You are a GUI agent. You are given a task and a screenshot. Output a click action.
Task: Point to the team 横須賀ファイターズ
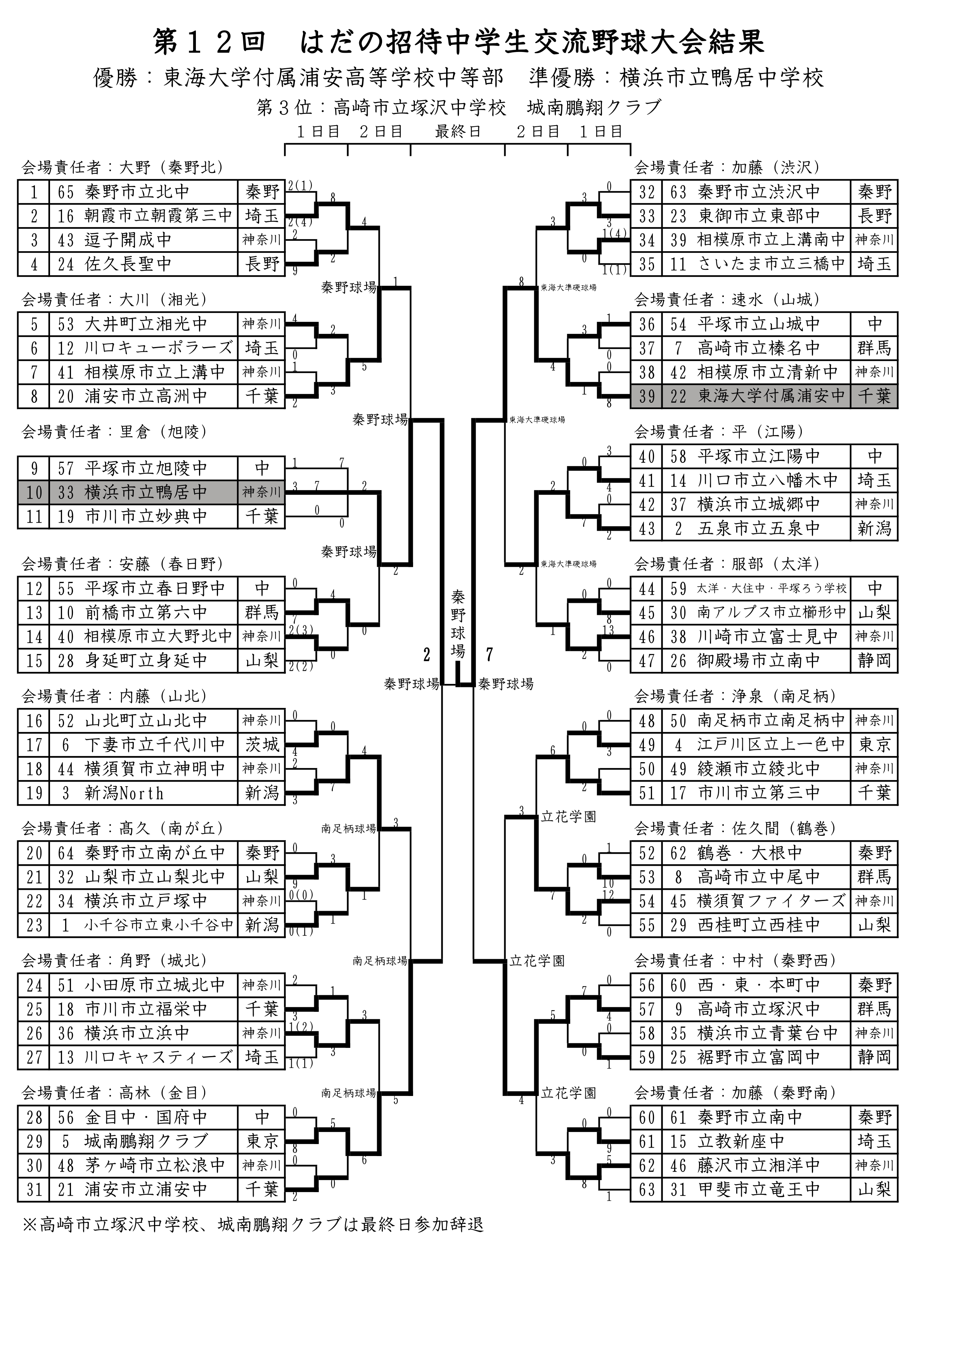click(x=770, y=901)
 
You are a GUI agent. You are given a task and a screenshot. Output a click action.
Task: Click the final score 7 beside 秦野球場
click(x=489, y=654)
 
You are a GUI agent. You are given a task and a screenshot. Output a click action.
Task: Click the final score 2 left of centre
click(x=426, y=654)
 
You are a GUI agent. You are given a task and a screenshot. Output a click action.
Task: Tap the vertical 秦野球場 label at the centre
click(x=458, y=623)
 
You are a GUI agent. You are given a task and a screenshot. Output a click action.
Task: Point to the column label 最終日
click(x=458, y=131)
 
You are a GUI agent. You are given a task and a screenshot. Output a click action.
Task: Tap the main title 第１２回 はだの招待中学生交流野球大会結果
click(x=458, y=43)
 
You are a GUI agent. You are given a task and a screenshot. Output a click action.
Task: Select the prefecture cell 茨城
click(x=261, y=745)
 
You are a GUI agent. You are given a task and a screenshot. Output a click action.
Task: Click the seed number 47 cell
click(x=647, y=661)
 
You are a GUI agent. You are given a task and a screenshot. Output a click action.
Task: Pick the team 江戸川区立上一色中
click(x=770, y=745)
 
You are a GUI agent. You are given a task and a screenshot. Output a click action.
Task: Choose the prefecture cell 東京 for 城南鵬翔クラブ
click(x=261, y=1141)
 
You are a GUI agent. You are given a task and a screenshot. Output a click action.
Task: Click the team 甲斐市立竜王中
click(x=759, y=1189)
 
